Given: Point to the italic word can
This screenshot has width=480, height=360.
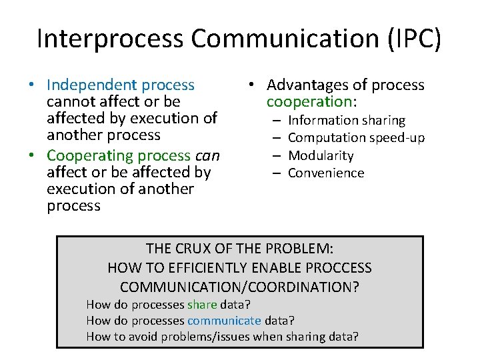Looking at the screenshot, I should click(x=207, y=155).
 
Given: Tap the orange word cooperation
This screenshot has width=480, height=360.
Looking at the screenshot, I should click(x=309, y=102).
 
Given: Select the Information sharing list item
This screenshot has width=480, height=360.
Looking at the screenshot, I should click(x=346, y=121).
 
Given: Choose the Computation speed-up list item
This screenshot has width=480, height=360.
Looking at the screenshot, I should click(x=356, y=138).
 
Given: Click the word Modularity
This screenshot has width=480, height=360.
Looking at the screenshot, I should click(x=321, y=155).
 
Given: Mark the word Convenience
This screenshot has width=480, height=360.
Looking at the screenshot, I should click(x=326, y=173).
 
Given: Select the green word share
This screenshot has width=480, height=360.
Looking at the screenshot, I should click(x=202, y=305).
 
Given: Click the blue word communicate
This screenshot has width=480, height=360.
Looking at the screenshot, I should click(x=224, y=321).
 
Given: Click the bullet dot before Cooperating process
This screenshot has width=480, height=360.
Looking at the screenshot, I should click(x=32, y=156).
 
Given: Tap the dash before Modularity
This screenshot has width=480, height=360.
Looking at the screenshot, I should click(x=276, y=155).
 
